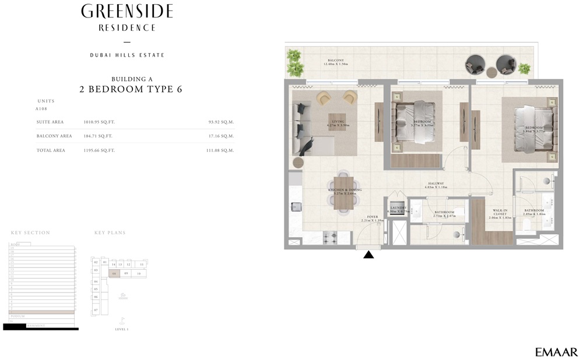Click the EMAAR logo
click(x=556, y=352)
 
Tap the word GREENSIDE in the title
click(x=127, y=11)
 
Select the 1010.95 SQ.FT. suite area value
click(x=100, y=122)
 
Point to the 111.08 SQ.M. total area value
click(x=221, y=150)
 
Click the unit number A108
click(x=41, y=109)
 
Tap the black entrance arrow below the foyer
click(x=368, y=254)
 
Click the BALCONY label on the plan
click(x=335, y=61)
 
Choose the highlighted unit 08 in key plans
click(x=115, y=273)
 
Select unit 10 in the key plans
click(x=139, y=273)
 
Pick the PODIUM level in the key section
click(x=17, y=316)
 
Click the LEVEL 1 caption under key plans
click(x=122, y=330)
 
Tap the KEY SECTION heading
click(x=30, y=233)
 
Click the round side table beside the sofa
click(x=298, y=163)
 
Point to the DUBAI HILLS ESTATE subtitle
click(x=127, y=55)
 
